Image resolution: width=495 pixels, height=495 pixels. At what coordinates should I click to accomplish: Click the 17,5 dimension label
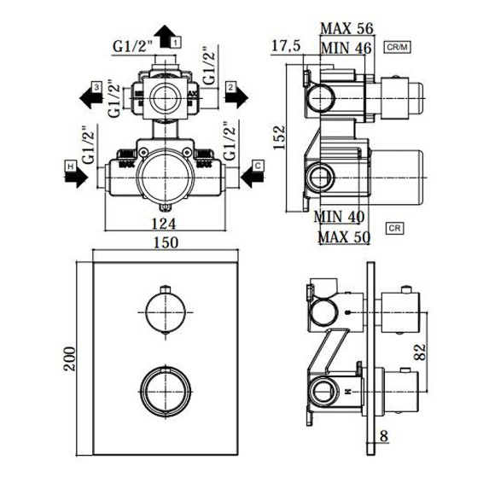click(286, 44)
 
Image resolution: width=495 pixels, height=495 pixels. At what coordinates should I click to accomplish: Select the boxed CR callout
click(394, 229)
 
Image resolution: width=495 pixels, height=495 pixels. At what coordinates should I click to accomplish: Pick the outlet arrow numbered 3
click(94, 94)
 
